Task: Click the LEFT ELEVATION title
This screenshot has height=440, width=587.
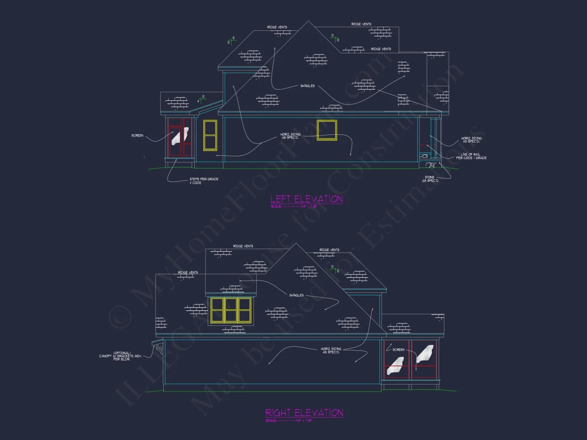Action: pyautogui.click(x=306, y=199)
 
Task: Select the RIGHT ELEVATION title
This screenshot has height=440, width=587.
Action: pyautogui.click(x=304, y=413)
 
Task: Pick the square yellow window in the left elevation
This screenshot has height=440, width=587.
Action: pyautogui.click(x=327, y=130)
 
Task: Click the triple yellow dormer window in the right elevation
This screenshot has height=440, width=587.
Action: pyautogui.click(x=231, y=310)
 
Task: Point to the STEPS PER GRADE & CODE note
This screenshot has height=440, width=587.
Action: pyautogui.click(x=204, y=180)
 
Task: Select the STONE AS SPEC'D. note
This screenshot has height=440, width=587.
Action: pyautogui.click(x=430, y=179)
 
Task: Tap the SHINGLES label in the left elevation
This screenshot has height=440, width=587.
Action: pyautogui.click(x=307, y=86)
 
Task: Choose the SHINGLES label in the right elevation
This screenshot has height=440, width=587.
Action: pyautogui.click(x=297, y=295)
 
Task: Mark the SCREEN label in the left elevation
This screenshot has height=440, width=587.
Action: pyautogui.click(x=137, y=135)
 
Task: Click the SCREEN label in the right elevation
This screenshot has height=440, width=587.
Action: pyautogui.click(x=399, y=350)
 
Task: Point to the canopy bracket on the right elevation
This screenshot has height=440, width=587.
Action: pyautogui.click(x=158, y=350)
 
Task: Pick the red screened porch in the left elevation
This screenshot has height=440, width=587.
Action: pyautogui.click(x=179, y=138)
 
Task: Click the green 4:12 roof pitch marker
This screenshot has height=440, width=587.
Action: pyautogui.click(x=201, y=100)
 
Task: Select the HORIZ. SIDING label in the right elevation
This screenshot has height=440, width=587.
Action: pyautogui.click(x=330, y=350)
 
